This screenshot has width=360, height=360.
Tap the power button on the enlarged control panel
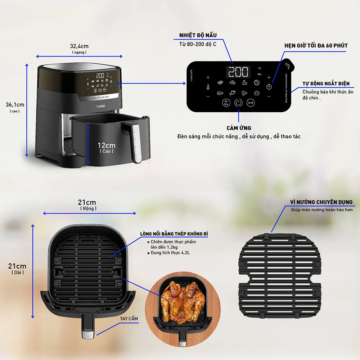[x=238, y=103]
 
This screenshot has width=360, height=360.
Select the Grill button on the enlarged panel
[x=251, y=103]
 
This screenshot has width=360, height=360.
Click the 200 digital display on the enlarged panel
[x=238, y=72]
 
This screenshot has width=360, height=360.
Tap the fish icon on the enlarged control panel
[x=232, y=93]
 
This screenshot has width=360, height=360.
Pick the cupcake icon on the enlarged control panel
[x=256, y=93]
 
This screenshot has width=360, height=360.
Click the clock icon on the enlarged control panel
[x=269, y=87]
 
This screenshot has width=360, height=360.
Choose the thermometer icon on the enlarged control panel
[x=208, y=87]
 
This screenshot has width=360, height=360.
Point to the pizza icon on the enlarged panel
[x=256, y=82]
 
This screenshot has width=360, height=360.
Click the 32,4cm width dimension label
[x=79, y=46]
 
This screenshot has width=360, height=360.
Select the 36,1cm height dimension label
[x=15, y=105]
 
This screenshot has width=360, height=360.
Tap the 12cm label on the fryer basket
[x=107, y=145]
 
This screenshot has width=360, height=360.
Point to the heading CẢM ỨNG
[x=239, y=128]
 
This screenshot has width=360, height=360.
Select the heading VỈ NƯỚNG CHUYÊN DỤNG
[x=321, y=202]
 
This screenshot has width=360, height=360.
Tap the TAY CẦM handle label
[x=129, y=319]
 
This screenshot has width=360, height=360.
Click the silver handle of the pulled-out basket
[x=136, y=142]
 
